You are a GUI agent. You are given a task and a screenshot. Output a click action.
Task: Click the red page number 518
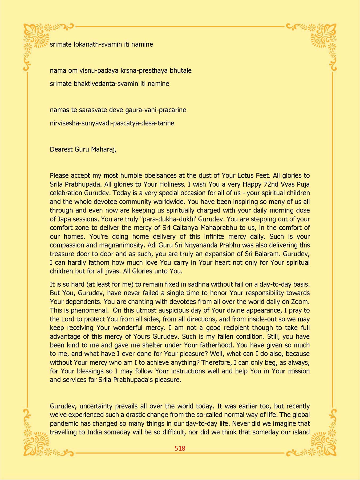[x=180, y=448]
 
